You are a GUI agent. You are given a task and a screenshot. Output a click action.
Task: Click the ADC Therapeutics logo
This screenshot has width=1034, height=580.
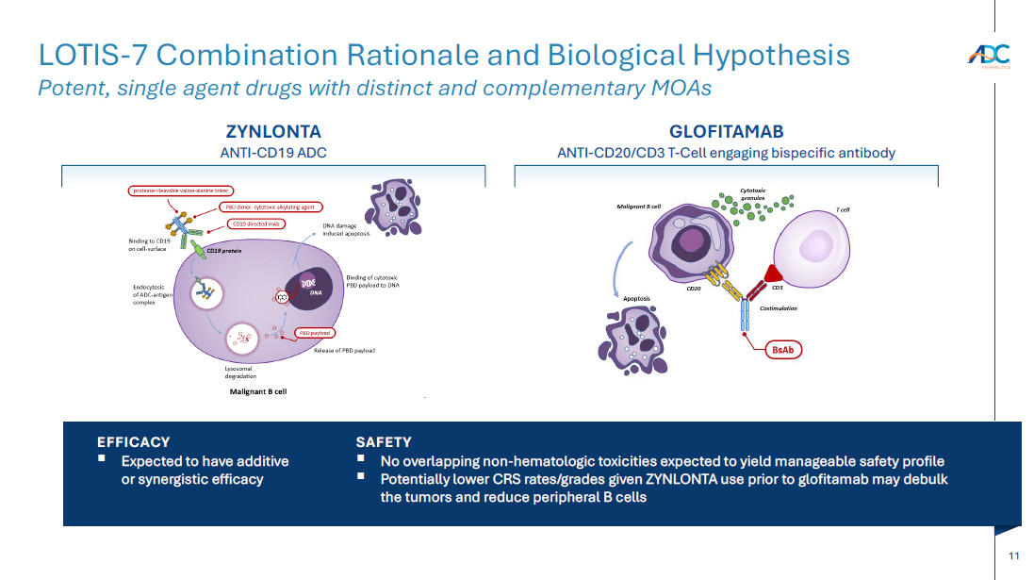click(x=988, y=56)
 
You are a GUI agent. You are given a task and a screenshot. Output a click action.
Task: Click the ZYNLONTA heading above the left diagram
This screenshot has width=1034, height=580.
click(x=273, y=132)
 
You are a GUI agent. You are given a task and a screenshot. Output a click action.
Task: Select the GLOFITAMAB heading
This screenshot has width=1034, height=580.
click(x=726, y=132)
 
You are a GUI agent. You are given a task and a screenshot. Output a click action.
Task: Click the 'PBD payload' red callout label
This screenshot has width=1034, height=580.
click(x=314, y=333)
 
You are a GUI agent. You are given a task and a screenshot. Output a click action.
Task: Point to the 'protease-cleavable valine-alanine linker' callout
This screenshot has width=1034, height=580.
click(x=180, y=191)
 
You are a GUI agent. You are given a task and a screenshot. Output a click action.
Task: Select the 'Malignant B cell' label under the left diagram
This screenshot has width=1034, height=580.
click(x=258, y=390)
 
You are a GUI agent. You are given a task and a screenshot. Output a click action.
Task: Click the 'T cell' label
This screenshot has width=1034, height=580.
click(x=843, y=209)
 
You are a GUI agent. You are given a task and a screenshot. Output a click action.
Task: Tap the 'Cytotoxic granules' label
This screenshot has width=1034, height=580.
click(x=754, y=193)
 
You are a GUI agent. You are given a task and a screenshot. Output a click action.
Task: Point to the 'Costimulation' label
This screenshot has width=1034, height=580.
click(x=779, y=308)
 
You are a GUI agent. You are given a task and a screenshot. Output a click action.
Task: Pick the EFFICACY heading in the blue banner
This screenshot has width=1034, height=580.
click(x=134, y=441)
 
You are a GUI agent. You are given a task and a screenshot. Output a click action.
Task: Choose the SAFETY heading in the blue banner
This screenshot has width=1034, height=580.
click(x=384, y=441)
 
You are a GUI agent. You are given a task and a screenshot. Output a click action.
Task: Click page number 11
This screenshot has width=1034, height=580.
click(x=1013, y=556)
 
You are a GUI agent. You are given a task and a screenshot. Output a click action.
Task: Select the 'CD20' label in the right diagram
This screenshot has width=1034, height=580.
click(x=694, y=289)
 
